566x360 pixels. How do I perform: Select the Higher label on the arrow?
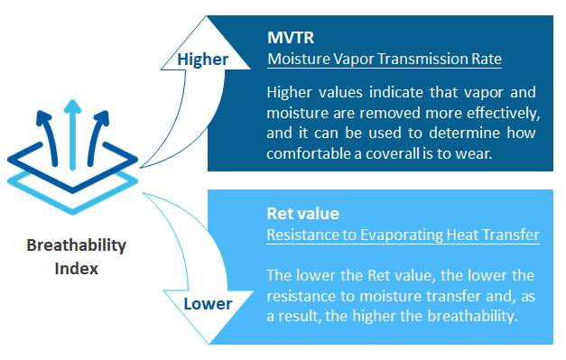tap(202, 60)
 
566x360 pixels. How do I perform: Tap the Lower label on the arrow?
tap(209, 304)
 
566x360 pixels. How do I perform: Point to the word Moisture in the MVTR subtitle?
tap(297, 60)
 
